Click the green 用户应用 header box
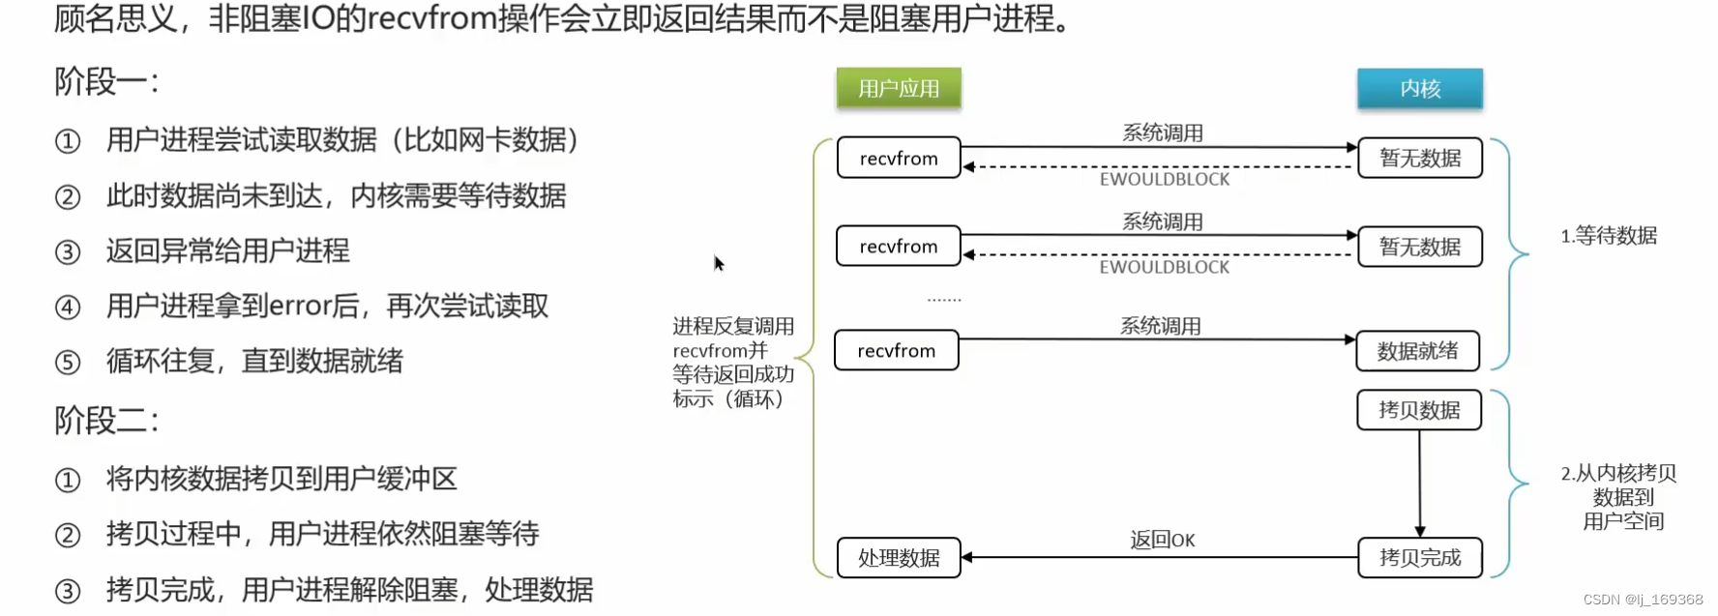(899, 88)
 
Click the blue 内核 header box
(1419, 88)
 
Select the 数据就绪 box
(1417, 351)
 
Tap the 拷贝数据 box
(1418, 410)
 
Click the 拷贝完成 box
(1419, 558)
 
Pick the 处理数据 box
(898, 558)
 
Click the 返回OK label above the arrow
(1162, 540)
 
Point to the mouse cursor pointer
(718, 263)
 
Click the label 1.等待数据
(1608, 236)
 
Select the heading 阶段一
(105, 81)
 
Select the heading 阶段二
(105, 421)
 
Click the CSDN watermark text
(1642, 600)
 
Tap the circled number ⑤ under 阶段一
(68, 363)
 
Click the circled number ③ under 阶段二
(68, 591)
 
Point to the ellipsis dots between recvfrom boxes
(944, 300)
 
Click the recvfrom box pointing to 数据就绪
(896, 351)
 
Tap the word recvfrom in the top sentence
(431, 18)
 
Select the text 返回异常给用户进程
(227, 251)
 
